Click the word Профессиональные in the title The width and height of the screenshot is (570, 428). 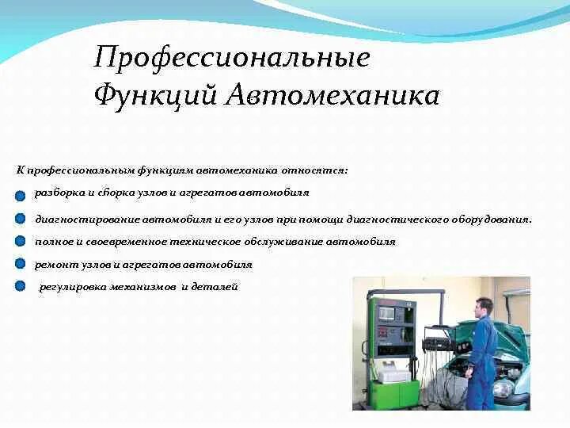(231, 58)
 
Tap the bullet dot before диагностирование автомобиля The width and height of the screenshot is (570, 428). (20, 219)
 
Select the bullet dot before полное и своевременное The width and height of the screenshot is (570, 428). (20, 241)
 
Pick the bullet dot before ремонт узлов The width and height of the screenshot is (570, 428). (20, 264)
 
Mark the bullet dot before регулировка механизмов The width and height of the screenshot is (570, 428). (20, 286)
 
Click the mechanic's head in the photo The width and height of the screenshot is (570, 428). (484, 306)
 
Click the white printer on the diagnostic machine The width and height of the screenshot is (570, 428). (393, 369)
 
